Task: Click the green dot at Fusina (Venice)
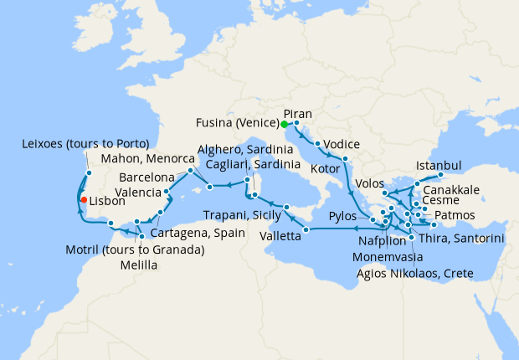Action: click(x=285, y=125)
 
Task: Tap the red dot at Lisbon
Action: click(x=82, y=200)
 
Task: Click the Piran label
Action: click(x=298, y=113)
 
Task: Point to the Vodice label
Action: click(x=342, y=142)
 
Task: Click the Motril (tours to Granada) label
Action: click(x=134, y=249)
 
